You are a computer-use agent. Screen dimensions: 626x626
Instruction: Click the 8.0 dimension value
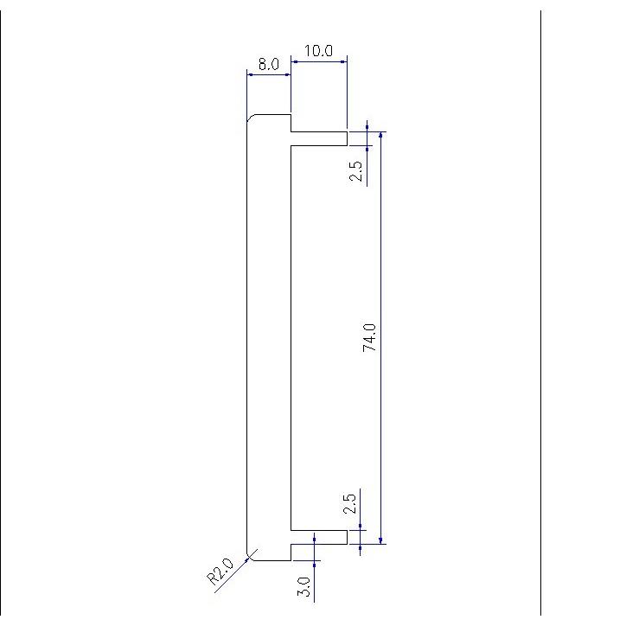(x=268, y=64)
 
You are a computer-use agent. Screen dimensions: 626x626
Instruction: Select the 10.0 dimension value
(x=318, y=51)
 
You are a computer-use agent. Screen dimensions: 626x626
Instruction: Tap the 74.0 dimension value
(x=370, y=337)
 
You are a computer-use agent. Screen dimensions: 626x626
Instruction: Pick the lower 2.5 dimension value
(x=349, y=504)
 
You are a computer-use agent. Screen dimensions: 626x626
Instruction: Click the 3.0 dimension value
(x=304, y=588)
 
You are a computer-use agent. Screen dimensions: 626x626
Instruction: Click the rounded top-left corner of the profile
(x=251, y=118)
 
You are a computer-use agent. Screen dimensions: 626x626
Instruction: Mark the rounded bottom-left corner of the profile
(x=251, y=555)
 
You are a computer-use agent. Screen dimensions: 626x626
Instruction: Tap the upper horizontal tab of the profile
(x=318, y=139)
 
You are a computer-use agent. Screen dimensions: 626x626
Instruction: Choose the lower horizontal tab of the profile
(x=318, y=537)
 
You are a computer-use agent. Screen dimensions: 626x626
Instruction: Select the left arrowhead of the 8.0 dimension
(x=252, y=75)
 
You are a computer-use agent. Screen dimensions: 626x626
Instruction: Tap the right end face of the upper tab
(x=347, y=139)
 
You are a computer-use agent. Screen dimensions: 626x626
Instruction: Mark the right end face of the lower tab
(x=347, y=537)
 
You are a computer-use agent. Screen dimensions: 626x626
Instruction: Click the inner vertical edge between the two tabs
(x=291, y=337)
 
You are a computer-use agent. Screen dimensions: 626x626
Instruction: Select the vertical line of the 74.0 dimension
(x=381, y=259)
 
